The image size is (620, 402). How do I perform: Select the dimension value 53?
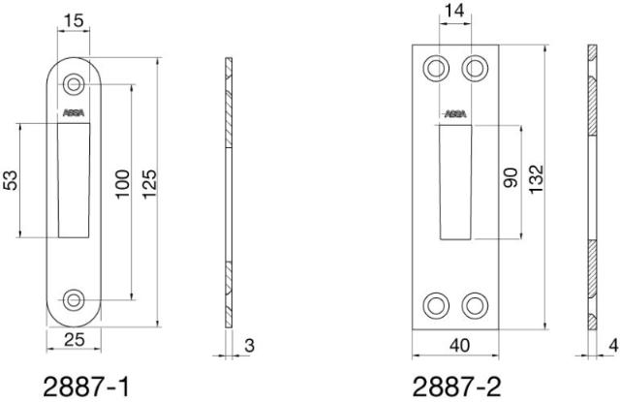coord(11,180)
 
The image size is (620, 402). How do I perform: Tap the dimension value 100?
coord(122,184)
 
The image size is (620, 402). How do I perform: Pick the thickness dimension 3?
coord(249,345)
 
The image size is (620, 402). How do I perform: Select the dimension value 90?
coord(511,180)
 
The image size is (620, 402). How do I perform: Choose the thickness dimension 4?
coord(612,345)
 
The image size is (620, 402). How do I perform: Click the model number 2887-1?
coord(88,387)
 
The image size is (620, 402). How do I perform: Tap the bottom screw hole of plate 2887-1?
coord(74,298)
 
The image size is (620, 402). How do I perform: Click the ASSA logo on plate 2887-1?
coord(74,113)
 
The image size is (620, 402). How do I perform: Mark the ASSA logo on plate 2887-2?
coord(454,113)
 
